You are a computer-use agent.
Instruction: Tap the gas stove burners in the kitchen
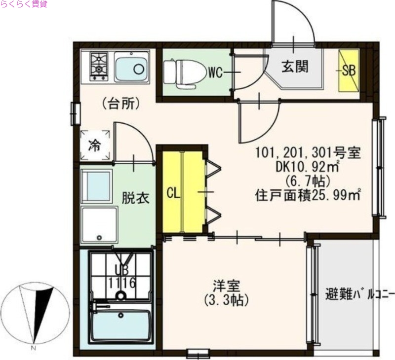tap(98, 66)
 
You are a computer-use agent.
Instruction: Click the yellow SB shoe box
tap(349, 70)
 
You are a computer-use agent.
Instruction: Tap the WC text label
tap(215, 73)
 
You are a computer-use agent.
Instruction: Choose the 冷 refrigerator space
tap(95, 145)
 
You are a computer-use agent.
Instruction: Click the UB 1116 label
tap(121, 277)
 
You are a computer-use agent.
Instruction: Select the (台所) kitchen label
tap(121, 104)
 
